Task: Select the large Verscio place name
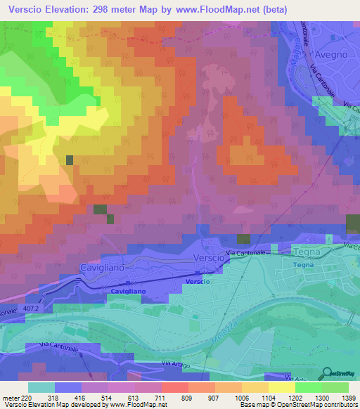pos(208,259)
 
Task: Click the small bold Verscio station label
pos(197,281)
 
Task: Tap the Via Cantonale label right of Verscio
pos(245,252)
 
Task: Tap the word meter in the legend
pos(11,397)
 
